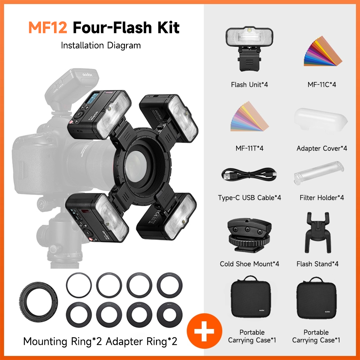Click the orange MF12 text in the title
[48, 28]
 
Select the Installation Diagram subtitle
[101, 45]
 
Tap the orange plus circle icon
[204, 332]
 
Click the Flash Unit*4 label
[249, 85]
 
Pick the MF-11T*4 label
[249, 148]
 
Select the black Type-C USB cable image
[249, 175]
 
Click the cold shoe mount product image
[249, 234]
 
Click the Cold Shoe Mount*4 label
[249, 264]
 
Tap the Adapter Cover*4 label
[322, 148]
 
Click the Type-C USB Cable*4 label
[249, 198]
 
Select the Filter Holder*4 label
[322, 198]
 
